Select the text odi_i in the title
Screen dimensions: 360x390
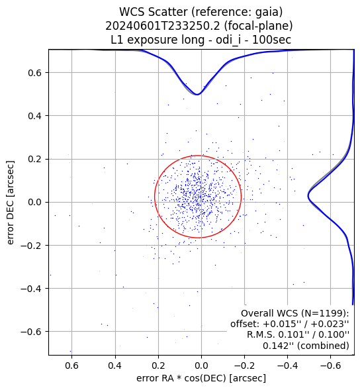coord(228,40)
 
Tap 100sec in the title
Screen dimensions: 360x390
coord(271,40)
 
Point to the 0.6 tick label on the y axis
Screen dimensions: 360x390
coord(35,73)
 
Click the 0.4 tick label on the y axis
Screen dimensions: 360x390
coord(35,116)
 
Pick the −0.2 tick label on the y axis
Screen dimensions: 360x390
coord(31,246)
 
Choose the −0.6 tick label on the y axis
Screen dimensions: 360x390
coord(31,332)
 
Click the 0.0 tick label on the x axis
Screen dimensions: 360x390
coord(201,366)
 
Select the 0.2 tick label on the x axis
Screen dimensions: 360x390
coord(158,366)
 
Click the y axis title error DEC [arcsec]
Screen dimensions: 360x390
coord(11,202)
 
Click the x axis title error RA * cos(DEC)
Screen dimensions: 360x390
coord(181,378)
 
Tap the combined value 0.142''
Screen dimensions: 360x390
coord(280,346)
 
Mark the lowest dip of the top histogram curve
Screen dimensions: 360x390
coord(197,95)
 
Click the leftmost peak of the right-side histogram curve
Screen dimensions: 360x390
coord(308,196)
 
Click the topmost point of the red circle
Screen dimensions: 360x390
coord(198,156)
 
